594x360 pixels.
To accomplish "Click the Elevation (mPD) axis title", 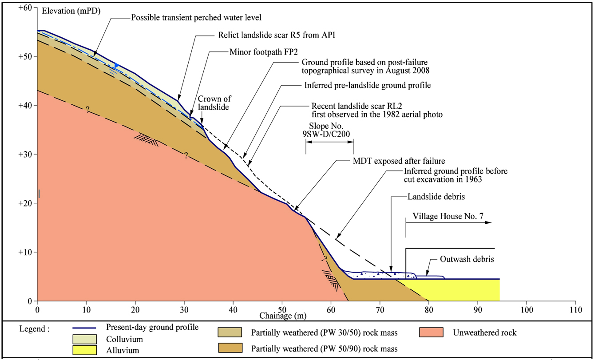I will coord(71,12).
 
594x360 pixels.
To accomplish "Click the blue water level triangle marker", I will coord(116,66).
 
